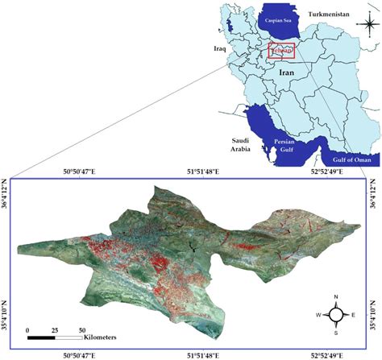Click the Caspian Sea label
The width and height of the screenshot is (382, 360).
coord(280,17)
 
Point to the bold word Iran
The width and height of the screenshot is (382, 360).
coord(288,72)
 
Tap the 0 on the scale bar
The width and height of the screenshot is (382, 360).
coord(28,330)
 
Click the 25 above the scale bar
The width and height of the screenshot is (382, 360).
coord(55,330)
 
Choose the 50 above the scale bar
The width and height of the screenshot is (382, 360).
coord(81,330)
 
